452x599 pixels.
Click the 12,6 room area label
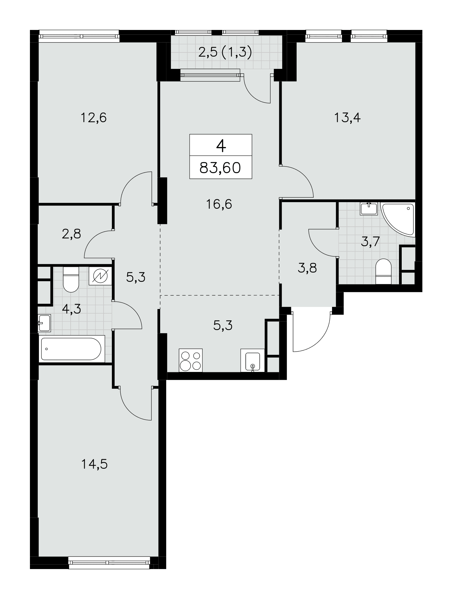tap(94, 118)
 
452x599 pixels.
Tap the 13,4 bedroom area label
tap(347, 118)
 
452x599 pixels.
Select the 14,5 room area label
tap(94, 464)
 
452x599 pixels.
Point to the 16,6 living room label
tap(219, 204)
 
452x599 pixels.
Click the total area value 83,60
tap(220, 168)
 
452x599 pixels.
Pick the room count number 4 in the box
tap(221, 146)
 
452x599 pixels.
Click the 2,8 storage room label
tap(72, 234)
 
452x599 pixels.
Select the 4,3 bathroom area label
tap(72, 308)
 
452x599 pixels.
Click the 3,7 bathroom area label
tap(370, 241)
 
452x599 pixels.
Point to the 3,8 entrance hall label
tap(307, 268)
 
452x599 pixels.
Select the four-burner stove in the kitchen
tap(191, 360)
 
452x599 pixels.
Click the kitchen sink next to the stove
tap(253, 361)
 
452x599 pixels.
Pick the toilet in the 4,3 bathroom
tap(71, 279)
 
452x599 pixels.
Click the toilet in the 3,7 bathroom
tap(383, 271)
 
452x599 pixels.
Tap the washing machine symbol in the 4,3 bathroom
tap(100, 276)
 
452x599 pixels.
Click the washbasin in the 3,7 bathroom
tap(369, 208)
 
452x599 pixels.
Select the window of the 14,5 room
tap(109, 563)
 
